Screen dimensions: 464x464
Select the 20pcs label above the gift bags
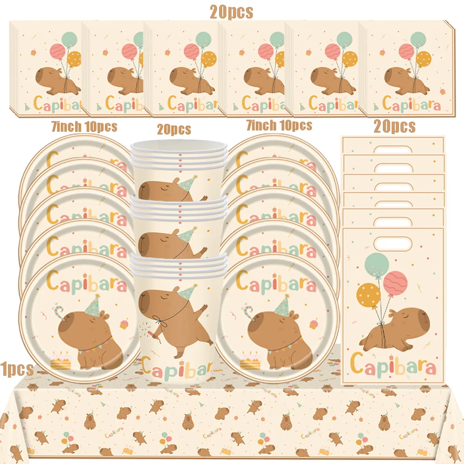click(x=394, y=126)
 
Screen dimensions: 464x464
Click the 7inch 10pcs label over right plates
click(x=278, y=125)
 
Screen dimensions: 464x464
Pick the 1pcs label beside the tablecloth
click(x=17, y=369)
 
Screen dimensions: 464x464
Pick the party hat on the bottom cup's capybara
click(x=187, y=292)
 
